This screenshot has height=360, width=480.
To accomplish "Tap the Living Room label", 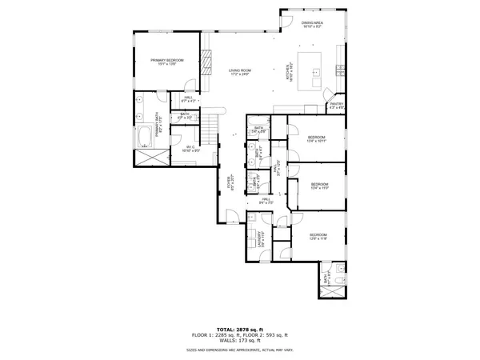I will click(x=240, y=73).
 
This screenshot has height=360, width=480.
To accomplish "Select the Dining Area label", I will click(x=312, y=26).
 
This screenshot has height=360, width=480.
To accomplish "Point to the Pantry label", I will click(x=336, y=106).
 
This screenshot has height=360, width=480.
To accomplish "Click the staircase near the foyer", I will click(x=209, y=126).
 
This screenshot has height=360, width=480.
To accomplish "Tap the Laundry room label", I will click(x=261, y=238).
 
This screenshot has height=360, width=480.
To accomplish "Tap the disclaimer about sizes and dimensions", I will click(x=240, y=350).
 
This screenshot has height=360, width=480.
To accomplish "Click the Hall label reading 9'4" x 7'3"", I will click(x=266, y=202).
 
